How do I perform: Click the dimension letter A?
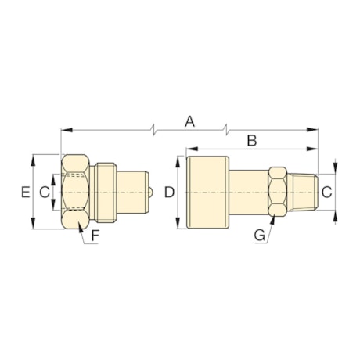pyautogui.click(x=189, y=121)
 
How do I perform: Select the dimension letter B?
pyautogui.click(x=251, y=140)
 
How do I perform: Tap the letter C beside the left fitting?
pyautogui.click(x=45, y=191)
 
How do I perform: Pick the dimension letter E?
pyautogui.click(x=26, y=192)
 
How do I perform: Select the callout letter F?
pyautogui.click(x=95, y=235)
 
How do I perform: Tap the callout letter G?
pyautogui.click(x=259, y=234)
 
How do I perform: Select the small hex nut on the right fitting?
pyautogui.click(x=275, y=192)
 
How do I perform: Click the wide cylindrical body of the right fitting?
pyautogui.click(x=207, y=192)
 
